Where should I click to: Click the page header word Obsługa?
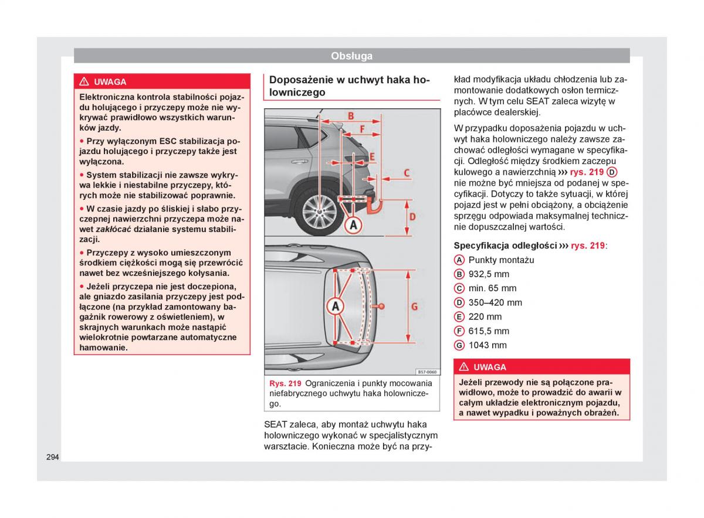(351, 56)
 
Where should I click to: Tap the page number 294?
(52, 456)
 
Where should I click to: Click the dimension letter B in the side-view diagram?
(351, 115)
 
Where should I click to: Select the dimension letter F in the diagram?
(361, 129)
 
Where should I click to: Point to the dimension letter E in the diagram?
(371, 156)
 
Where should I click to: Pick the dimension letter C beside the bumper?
(406, 173)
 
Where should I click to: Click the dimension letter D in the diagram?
(412, 217)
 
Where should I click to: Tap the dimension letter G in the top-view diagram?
(414, 306)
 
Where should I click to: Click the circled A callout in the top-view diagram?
(336, 306)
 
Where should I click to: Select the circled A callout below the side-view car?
(354, 224)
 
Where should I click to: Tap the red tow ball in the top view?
(382, 306)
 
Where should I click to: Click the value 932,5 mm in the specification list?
(489, 274)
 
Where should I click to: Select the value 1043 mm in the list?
(488, 345)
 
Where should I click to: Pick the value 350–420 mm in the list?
(495, 302)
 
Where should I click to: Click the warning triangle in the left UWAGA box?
(84, 82)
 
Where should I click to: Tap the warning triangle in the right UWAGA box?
(464, 367)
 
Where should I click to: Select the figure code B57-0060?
(427, 372)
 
